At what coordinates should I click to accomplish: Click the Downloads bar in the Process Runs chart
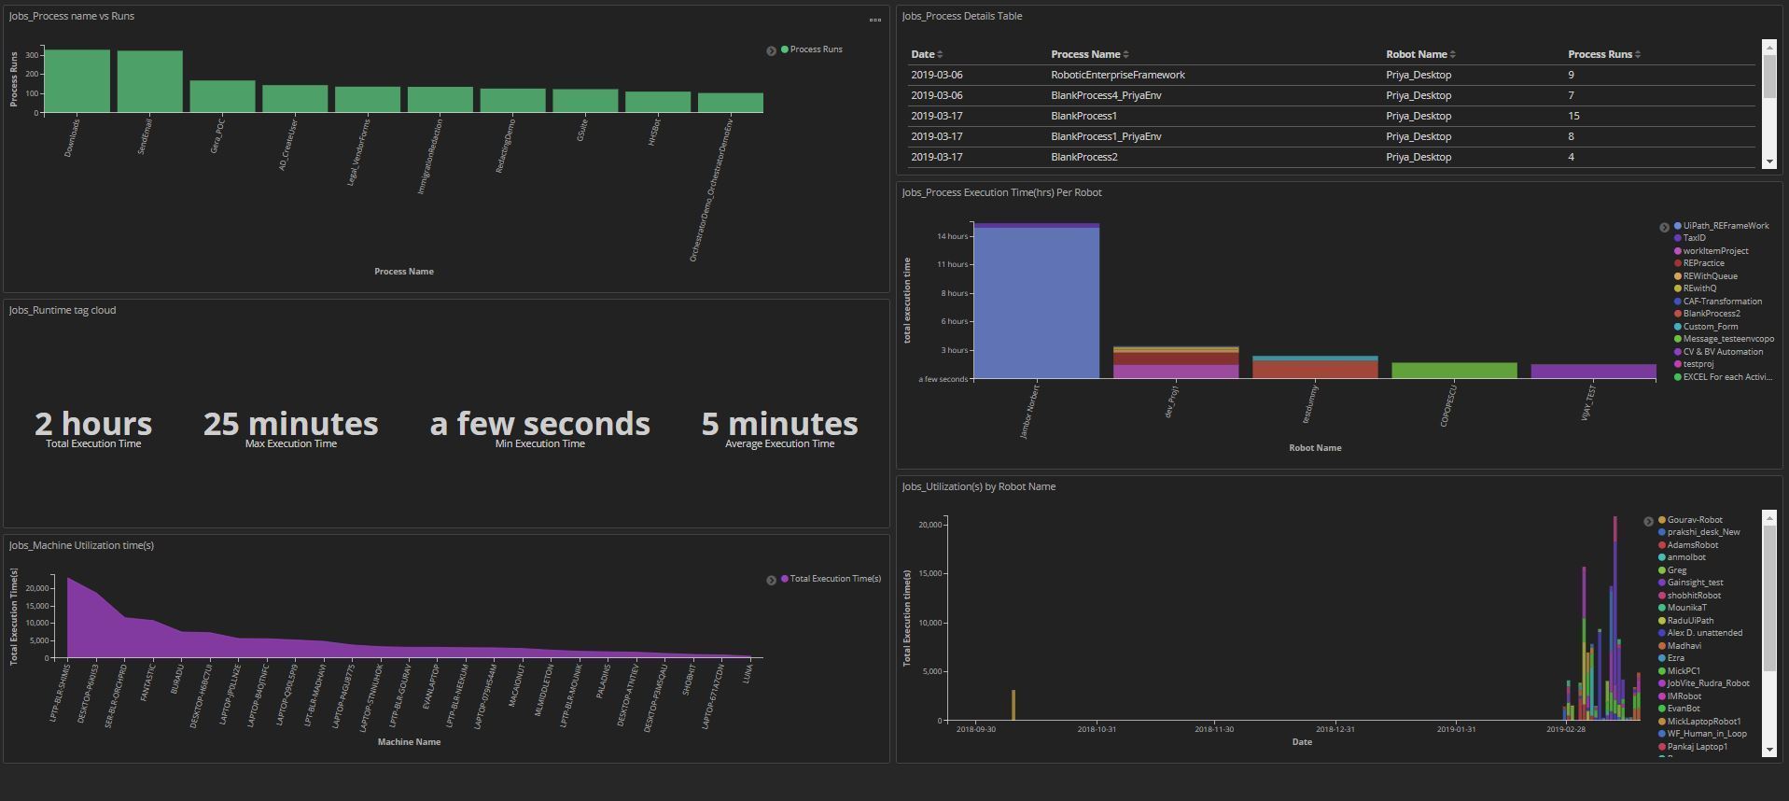(x=77, y=81)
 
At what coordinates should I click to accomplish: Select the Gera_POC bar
(x=222, y=96)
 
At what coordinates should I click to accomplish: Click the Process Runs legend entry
(x=815, y=49)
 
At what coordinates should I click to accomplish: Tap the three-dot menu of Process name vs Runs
(x=875, y=20)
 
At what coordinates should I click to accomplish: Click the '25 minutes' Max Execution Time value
(x=290, y=425)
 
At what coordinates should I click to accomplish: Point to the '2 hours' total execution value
(x=93, y=425)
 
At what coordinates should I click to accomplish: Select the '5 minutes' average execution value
(x=779, y=425)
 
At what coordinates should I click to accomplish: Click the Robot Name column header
(x=1416, y=54)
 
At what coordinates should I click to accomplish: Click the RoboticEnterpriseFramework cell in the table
(x=1117, y=75)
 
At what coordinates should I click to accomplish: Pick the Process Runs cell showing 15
(x=1573, y=116)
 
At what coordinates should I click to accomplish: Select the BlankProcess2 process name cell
(x=1083, y=157)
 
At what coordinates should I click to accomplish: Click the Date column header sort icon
(x=940, y=54)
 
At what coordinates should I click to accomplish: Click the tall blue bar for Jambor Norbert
(x=1036, y=302)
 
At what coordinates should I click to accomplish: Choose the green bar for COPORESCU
(x=1454, y=371)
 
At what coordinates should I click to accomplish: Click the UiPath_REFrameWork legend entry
(x=1726, y=226)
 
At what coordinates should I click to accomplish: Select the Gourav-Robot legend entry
(x=1694, y=520)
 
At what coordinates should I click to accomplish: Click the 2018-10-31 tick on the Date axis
(x=1097, y=729)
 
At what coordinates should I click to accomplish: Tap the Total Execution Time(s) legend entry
(x=834, y=579)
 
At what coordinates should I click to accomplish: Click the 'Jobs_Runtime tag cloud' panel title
(x=63, y=310)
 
